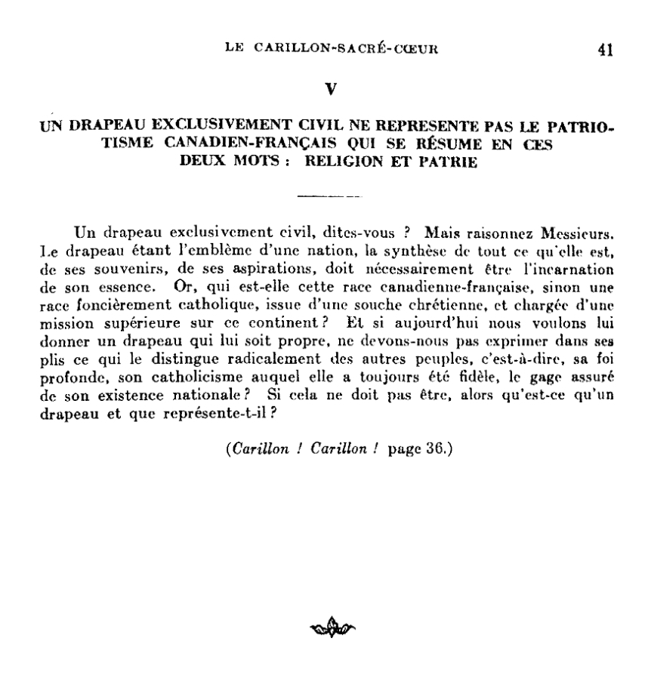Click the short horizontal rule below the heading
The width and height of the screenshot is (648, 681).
(329, 196)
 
